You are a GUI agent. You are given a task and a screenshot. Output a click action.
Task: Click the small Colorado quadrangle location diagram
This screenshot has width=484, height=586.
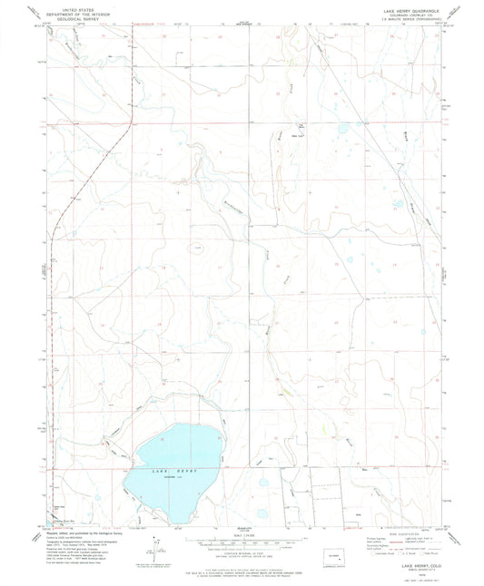[x=338, y=552]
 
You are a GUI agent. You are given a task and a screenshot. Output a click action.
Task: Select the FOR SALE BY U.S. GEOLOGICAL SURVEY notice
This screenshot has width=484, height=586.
[x=240, y=563]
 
